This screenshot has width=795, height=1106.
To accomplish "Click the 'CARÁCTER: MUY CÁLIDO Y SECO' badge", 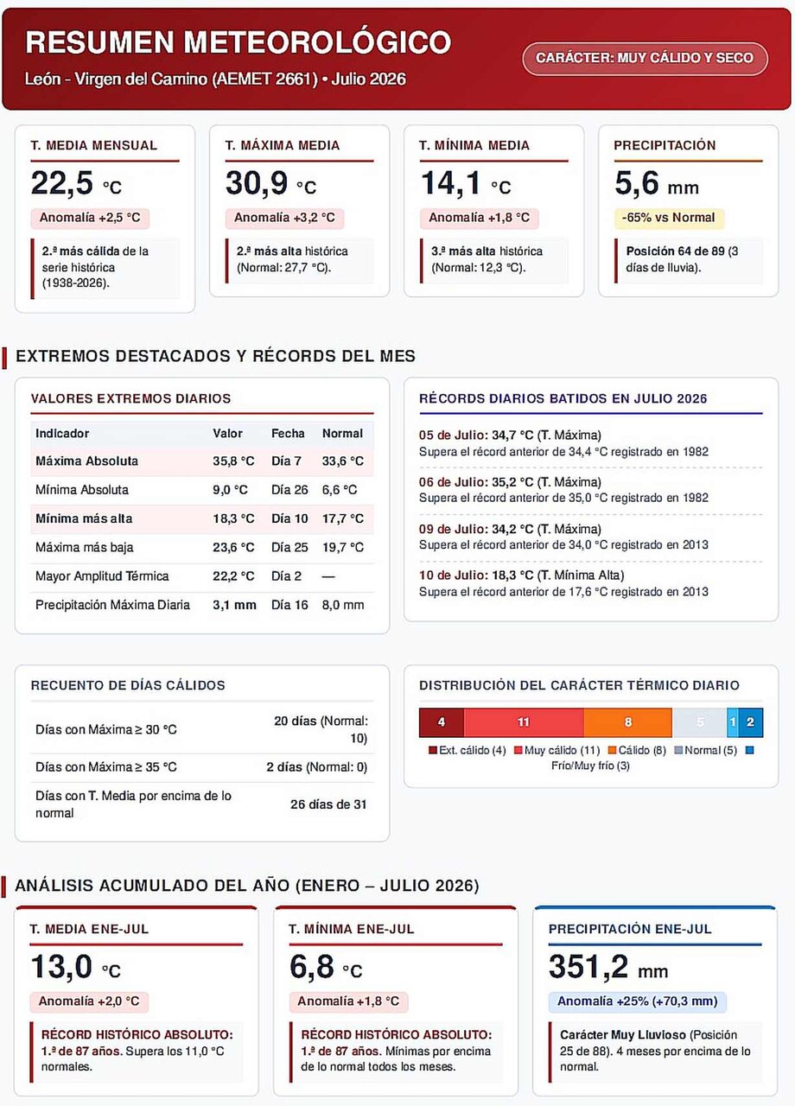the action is tap(645, 58).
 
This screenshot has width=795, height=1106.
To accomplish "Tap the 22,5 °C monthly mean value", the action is tap(76, 183).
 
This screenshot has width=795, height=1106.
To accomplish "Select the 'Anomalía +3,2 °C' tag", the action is tap(284, 218).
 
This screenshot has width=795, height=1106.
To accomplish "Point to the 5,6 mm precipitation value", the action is tap(656, 183).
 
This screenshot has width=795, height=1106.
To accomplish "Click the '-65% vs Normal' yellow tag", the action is tap(669, 218).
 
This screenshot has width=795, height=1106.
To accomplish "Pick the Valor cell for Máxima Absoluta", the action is tap(233, 461).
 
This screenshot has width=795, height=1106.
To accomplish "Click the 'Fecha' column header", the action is tap(288, 434).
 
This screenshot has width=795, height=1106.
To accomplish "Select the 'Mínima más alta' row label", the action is tap(84, 518).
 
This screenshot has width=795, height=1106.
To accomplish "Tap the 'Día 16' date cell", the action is tap(289, 605).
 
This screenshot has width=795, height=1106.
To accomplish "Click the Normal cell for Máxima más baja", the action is tap(343, 547).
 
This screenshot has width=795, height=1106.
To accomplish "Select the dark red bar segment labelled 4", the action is tap(442, 721).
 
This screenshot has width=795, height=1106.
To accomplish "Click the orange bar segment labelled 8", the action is tap(627, 721).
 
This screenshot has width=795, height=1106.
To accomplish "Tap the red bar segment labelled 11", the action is tap(524, 721).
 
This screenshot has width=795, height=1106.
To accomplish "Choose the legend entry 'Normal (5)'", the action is tap(706, 751).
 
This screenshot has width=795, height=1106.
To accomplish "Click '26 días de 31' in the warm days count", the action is tap(328, 804).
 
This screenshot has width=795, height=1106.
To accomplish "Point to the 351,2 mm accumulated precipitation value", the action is tap(607, 967).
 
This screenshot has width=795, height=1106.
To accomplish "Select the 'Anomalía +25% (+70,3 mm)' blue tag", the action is tap(638, 1001).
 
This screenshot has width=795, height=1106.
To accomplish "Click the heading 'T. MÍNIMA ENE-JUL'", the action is tap(351, 929).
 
